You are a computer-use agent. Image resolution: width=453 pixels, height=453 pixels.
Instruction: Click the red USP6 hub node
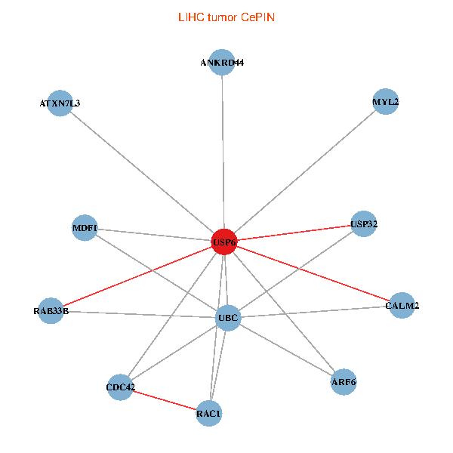click(223, 242)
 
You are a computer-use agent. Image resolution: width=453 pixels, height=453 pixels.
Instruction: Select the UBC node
click(228, 318)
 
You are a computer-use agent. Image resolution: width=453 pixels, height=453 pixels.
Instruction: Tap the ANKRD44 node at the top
click(222, 63)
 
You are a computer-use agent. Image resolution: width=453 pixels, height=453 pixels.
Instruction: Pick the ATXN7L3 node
click(60, 103)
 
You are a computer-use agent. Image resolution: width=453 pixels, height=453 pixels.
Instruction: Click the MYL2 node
click(385, 101)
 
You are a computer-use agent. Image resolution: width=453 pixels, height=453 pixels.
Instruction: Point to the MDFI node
click(84, 227)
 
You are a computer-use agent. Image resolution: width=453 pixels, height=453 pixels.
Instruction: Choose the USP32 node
click(364, 223)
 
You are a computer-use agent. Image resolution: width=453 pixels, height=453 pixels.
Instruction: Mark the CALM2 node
click(402, 306)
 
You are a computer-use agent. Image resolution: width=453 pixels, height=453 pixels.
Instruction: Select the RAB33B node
click(51, 310)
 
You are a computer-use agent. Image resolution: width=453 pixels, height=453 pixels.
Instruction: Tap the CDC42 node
click(121, 387)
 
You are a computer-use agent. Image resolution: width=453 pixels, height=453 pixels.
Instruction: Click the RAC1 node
click(209, 413)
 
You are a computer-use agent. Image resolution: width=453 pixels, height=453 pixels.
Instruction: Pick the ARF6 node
click(343, 382)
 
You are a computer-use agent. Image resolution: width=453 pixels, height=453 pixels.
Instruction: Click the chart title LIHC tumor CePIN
click(226, 17)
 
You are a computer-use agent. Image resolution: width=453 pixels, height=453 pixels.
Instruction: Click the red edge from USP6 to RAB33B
click(136, 276)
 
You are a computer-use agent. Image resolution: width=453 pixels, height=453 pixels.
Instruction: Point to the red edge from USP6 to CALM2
click(313, 274)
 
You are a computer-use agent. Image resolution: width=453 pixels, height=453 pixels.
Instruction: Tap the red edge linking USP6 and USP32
click(294, 233)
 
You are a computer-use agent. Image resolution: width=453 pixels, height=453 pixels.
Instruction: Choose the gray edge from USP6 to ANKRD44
click(223, 151)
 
